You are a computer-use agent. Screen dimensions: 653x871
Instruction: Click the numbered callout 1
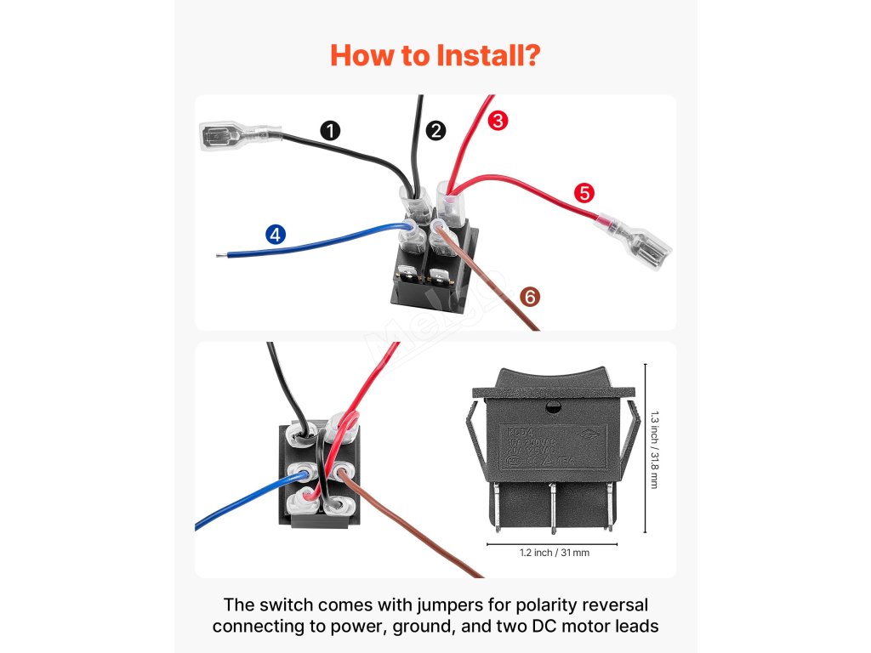click(331, 130)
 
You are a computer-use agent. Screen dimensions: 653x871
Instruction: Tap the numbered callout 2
click(436, 130)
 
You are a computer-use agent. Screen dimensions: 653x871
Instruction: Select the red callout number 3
click(498, 121)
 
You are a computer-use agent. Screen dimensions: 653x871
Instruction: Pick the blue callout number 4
click(276, 235)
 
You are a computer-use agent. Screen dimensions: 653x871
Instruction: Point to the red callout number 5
click(584, 192)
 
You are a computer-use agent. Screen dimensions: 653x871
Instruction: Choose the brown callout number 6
click(529, 297)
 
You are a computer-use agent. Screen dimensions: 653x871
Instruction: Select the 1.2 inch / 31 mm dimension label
click(554, 553)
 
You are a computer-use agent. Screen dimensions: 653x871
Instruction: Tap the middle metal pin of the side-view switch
click(553, 506)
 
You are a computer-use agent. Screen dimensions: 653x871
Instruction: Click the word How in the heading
click(360, 56)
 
